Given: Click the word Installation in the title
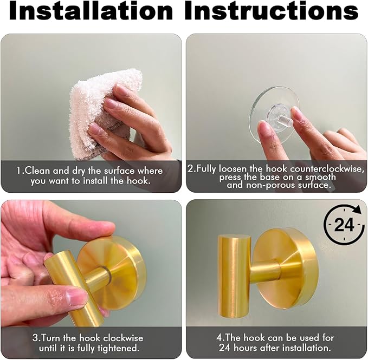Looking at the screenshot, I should [x=91, y=12].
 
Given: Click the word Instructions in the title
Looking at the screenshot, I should [x=271, y=12].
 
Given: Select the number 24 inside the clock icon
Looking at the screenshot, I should [x=344, y=225].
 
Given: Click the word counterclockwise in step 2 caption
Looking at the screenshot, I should [x=328, y=169].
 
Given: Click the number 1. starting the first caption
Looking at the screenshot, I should [x=20, y=170].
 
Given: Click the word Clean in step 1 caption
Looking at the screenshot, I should [x=38, y=170].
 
